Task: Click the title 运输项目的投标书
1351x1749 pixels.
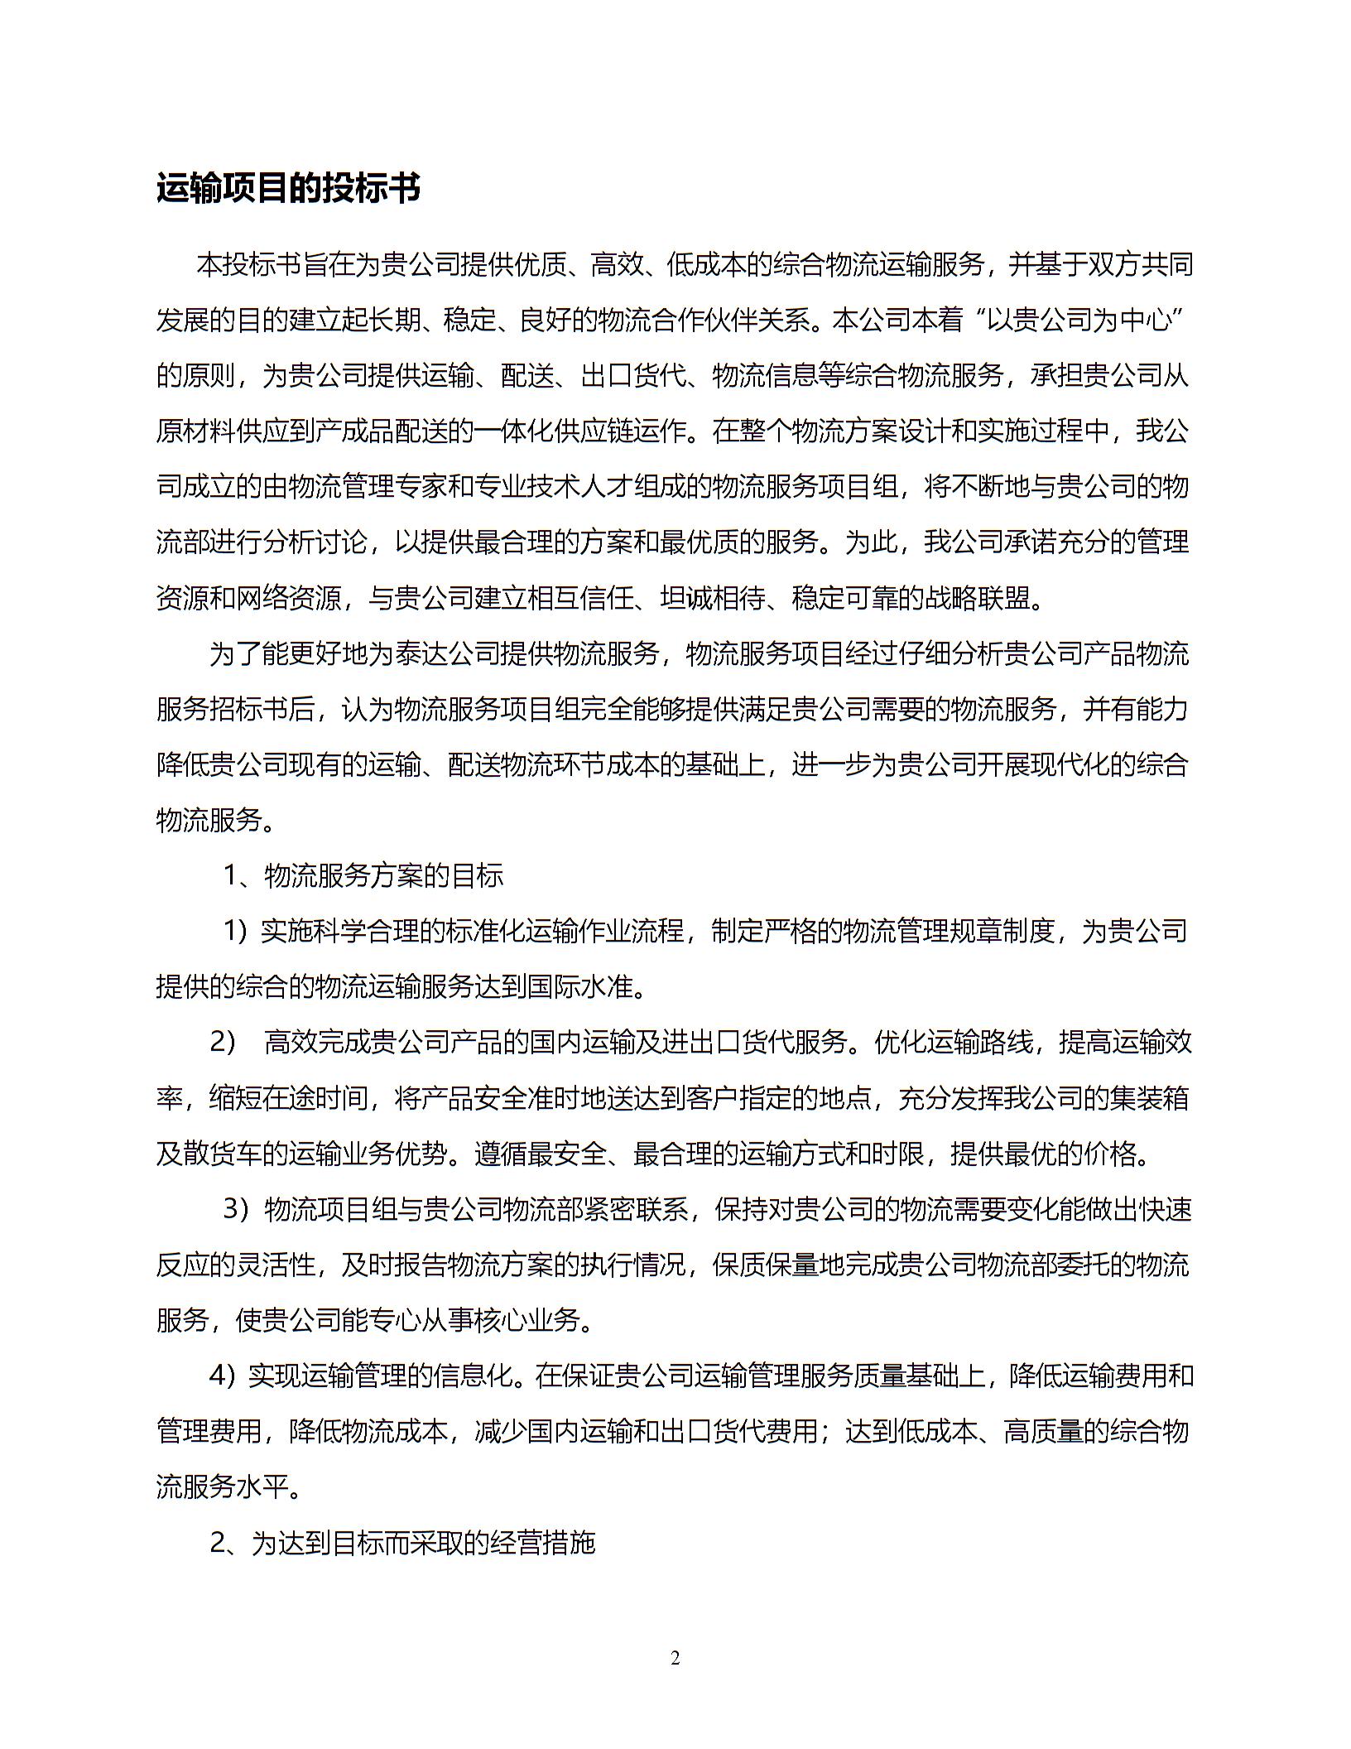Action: (x=288, y=189)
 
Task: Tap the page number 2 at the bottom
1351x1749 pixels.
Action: (x=675, y=1658)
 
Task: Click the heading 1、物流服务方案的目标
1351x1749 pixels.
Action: (x=363, y=875)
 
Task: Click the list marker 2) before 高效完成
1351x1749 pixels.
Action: (x=224, y=1042)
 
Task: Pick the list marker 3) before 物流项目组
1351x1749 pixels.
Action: (x=237, y=1209)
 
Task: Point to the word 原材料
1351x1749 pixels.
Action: (x=195, y=431)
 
